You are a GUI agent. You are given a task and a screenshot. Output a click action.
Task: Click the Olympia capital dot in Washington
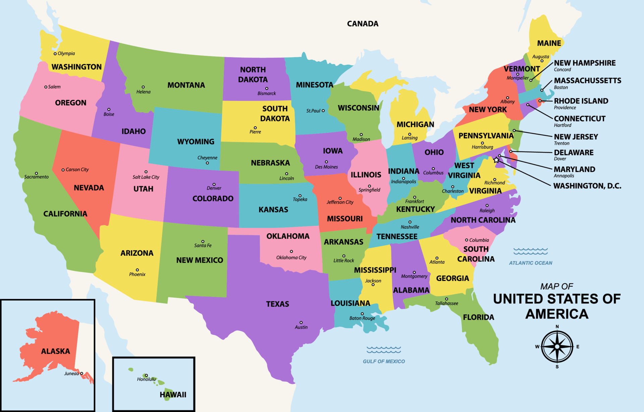coord(55,54)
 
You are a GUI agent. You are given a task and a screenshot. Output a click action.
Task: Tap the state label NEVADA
coord(89,188)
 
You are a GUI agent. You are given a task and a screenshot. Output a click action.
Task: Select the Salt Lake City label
coord(146,177)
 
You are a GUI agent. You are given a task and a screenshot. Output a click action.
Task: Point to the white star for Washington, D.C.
coord(496,160)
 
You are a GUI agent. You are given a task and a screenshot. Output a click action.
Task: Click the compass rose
coord(557,347)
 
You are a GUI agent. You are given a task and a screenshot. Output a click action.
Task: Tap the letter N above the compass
coord(557,327)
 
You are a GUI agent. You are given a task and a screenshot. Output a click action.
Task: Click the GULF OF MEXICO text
coord(384,361)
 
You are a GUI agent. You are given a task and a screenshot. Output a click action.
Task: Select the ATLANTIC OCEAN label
coord(530,263)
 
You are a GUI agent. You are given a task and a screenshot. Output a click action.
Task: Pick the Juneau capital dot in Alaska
coord(82,373)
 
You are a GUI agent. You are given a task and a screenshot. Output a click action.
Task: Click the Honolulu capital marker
coord(146,375)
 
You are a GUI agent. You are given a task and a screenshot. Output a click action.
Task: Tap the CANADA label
coord(363,24)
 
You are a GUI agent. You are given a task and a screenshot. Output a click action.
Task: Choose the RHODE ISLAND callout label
coord(581,101)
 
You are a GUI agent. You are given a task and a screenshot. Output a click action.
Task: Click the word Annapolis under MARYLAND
coord(564,176)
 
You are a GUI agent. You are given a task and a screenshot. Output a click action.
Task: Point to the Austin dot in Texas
coord(301,322)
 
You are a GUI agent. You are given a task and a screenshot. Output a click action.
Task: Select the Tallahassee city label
coord(446,303)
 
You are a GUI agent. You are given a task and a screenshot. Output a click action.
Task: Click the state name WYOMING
coord(196,141)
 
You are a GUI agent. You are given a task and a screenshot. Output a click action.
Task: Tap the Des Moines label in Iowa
coord(326,167)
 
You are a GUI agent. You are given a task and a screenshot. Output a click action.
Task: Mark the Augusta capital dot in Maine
coord(542,61)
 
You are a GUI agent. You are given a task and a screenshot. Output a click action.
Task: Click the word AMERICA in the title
coord(557,314)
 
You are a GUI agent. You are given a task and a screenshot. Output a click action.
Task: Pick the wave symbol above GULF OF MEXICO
coord(384,350)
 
